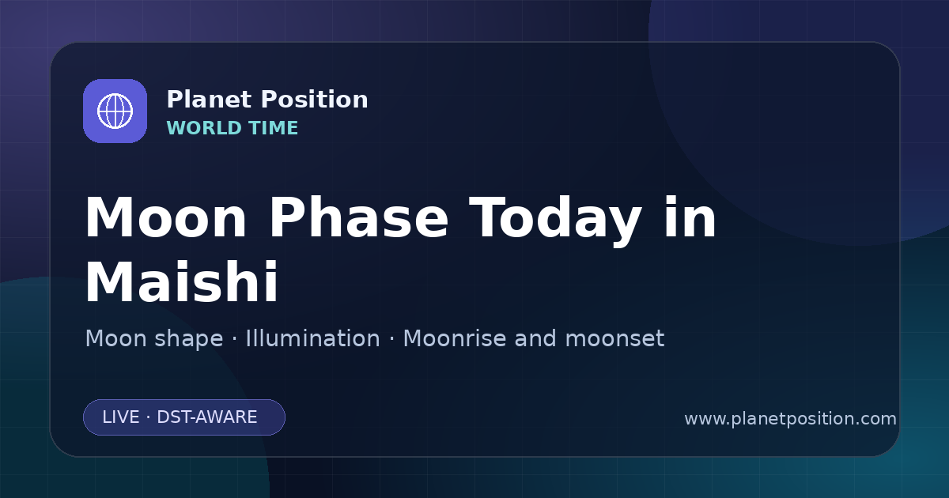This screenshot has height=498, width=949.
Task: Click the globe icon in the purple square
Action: [115, 111]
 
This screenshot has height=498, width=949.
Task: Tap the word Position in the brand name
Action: [315, 100]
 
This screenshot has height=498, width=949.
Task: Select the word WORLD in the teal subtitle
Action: [203, 128]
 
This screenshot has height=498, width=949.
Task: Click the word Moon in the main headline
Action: [165, 217]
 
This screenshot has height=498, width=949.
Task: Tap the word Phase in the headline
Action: [358, 217]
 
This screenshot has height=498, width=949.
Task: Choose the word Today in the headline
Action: [555, 221]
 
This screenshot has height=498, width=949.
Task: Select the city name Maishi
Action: [182, 281]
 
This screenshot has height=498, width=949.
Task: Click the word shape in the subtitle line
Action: [188, 340]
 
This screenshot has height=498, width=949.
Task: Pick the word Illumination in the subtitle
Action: [312, 338]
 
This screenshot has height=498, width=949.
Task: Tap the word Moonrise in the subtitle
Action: [459, 338]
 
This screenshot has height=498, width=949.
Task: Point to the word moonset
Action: [614, 339]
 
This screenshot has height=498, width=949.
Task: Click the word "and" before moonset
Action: [535, 338]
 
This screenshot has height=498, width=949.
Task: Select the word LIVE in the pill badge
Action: [121, 417]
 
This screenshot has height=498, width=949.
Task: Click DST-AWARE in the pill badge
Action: [207, 417]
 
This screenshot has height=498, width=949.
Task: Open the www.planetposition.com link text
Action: [791, 419]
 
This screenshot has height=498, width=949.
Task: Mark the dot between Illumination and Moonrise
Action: [392, 339]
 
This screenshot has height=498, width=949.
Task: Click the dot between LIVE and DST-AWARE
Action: [149, 417]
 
